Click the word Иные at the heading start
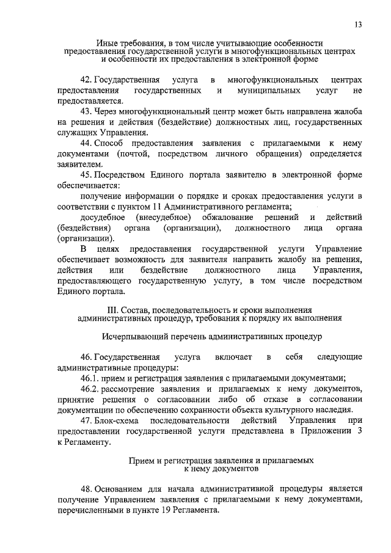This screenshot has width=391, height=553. [x=106, y=43]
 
